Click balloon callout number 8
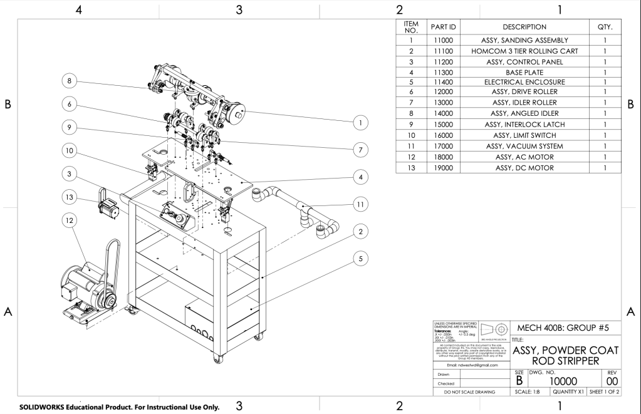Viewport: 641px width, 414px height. [x=70, y=81]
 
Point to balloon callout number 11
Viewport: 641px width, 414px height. [x=359, y=204]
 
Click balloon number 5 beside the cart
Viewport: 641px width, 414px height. [x=359, y=257]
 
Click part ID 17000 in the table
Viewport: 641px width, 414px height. [x=444, y=146]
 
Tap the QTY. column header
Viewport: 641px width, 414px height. [x=606, y=27]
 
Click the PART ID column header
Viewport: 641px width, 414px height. [x=444, y=27]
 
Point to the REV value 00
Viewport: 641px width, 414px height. [x=612, y=381]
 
